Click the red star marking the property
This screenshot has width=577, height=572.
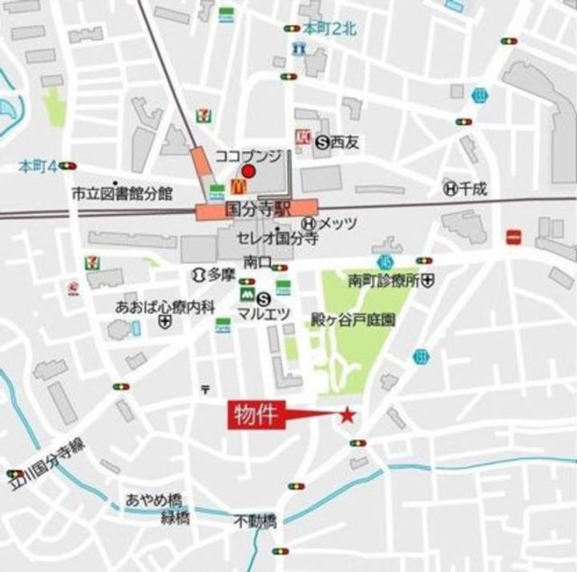pyautogui.click(x=347, y=415)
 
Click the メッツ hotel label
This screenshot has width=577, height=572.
pyautogui.click(x=337, y=224)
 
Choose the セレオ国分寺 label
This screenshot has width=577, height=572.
pyautogui.click(x=277, y=238)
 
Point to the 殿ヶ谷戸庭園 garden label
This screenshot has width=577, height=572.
pyautogui.click(x=353, y=318)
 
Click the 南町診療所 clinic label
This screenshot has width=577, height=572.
pyautogui.click(x=384, y=281)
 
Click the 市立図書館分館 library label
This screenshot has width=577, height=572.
pyautogui.click(x=122, y=193)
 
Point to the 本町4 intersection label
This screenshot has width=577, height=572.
pyautogui.click(x=38, y=167)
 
